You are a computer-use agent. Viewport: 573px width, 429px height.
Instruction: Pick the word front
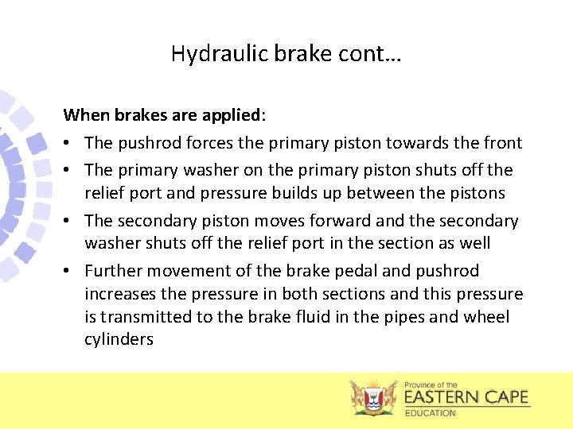point(503,143)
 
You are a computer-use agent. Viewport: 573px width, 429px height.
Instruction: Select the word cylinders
point(119,340)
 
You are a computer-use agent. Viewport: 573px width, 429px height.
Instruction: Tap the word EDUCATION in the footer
point(431,413)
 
